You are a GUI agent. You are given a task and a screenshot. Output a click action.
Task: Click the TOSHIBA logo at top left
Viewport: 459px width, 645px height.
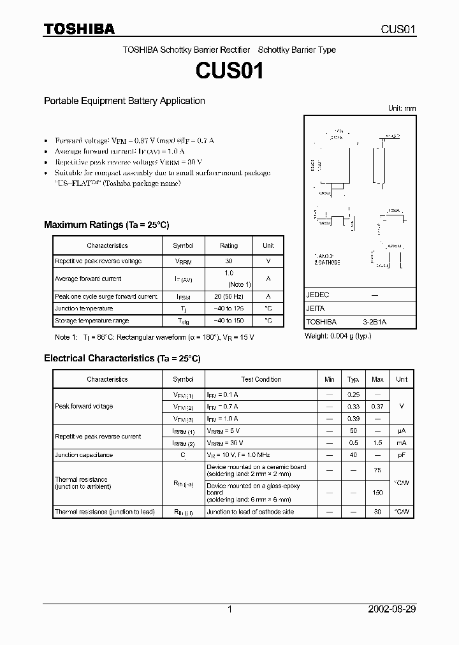(79, 29)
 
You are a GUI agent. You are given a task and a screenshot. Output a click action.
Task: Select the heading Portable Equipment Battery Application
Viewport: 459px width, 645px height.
(124, 101)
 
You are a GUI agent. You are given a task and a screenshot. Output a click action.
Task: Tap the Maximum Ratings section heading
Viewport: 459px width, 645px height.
(106, 225)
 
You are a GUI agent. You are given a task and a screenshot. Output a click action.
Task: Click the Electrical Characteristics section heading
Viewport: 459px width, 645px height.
(122, 359)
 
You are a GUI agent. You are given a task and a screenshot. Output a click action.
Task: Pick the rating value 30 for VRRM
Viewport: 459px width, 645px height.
(229, 261)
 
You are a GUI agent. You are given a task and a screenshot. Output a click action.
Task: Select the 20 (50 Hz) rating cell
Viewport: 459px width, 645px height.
(229, 296)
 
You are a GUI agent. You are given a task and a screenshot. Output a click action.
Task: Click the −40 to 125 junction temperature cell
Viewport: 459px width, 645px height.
(229, 308)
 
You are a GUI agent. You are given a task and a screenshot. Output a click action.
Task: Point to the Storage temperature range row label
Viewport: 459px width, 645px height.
(92, 321)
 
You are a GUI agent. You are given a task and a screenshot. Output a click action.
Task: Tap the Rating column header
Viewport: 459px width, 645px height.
(229, 245)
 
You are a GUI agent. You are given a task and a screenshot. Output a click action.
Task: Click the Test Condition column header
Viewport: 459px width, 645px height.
(261, 379)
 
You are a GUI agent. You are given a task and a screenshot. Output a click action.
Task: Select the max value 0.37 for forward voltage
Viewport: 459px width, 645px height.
(377, 407)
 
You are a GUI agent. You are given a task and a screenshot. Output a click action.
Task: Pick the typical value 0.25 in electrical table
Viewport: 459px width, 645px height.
(353, 395)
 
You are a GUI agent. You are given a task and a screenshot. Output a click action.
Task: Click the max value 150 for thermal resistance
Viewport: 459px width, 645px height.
(377, 493)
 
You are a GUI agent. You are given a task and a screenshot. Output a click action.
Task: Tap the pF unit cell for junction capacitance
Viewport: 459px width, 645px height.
(402, 455)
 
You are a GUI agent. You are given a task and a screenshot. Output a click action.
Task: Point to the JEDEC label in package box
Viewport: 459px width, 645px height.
(317, 295)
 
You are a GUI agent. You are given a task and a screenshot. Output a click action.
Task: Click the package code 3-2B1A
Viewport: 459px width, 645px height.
(374, 322)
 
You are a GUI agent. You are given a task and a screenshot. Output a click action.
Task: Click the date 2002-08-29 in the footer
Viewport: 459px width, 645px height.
(392, 609)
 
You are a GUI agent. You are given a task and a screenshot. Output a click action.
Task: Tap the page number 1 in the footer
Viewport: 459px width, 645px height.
(229, 609)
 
